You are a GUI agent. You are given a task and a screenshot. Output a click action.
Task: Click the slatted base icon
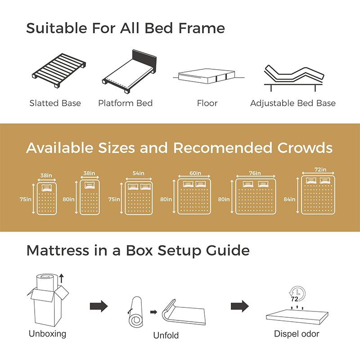click(x=59, y=71)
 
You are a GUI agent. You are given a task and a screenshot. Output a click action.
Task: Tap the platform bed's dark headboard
click(x=144, y=61)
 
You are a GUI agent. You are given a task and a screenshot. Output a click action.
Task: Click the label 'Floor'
click(x=207, y=103)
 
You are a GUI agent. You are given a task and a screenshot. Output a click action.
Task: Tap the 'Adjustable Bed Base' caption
click(x=293, y=103)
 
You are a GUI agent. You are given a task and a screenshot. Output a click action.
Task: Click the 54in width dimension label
click(x=139, y=173)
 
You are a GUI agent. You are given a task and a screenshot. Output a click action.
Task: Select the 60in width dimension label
click(x=195, y=173)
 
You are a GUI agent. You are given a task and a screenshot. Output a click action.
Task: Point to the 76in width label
click(x=255, y=173)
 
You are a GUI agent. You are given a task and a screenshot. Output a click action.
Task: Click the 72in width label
click(x=320, y=170)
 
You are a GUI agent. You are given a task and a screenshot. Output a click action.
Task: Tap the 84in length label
click(x=289, y=199)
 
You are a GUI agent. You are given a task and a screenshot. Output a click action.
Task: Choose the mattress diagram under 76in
click(x=256, y=197)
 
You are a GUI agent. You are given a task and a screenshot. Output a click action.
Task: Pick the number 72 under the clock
click(x=294, y=299)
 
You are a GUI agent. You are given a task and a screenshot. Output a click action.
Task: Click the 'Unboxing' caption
click(x=48, y=334)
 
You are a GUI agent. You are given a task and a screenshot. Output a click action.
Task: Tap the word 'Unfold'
click(x=166, y=335)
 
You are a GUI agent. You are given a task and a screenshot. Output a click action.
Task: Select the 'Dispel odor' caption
click(x=297, y=334)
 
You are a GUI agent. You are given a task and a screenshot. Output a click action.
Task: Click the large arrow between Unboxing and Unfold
click(x=99, y=306)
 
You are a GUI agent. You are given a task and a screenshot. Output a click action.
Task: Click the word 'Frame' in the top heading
click(x=202, y=28)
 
